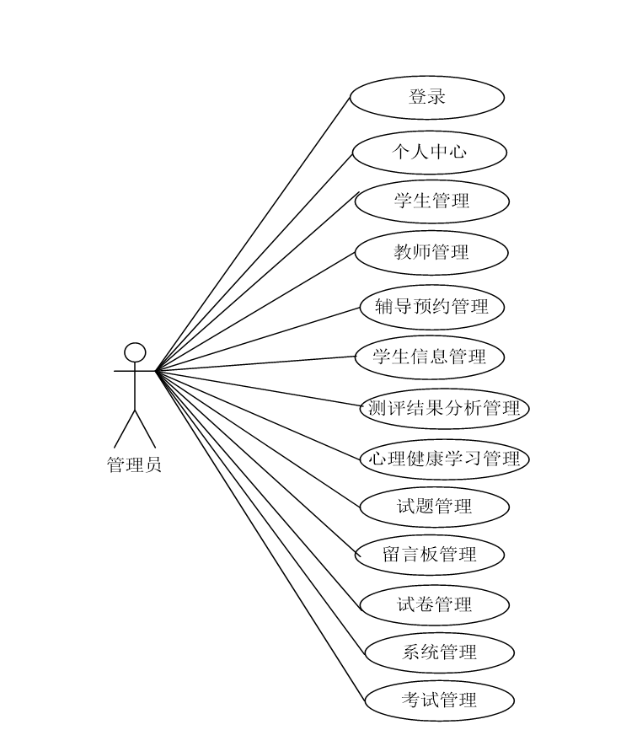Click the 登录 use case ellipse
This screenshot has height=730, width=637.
pos(426,97)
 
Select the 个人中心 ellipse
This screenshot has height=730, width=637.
pos(429,153)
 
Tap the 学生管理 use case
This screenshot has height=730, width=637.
pos(431,201)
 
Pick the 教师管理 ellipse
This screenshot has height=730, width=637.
pos(431,252)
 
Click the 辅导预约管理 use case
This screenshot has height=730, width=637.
pos(431,306)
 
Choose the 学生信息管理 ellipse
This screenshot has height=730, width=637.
pos(430,357)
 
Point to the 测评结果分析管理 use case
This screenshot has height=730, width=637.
pos(444,409)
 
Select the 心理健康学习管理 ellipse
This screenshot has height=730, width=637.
pos(444,459)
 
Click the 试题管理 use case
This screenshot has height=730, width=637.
pos(434,507)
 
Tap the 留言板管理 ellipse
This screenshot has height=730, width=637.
pos(429,555)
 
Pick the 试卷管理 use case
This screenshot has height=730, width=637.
pos(434,604)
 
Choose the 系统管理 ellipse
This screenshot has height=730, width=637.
pos(439,652)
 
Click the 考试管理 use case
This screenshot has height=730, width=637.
pos(439,700)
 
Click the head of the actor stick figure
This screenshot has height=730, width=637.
pos(135,352)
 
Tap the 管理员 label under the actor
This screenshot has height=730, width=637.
pos(134,464)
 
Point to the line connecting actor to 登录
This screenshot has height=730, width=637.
pos(253,233)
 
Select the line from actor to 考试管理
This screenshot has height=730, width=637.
pos(261,535)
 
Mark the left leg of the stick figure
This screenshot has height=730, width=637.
pos(125,429)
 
